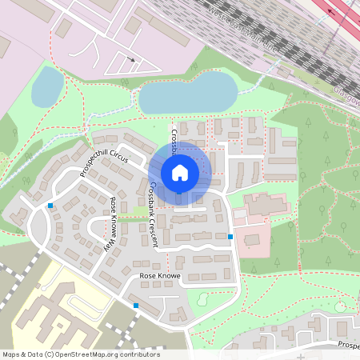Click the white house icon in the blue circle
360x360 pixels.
[179, 172]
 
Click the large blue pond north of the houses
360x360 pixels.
[187, 94]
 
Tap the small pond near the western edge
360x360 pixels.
[47, 86]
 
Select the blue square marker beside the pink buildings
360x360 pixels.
[230, 237]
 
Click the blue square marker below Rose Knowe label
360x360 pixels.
[136, 306]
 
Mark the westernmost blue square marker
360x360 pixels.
[50, 206]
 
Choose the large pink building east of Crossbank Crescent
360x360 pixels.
[266, 205]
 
